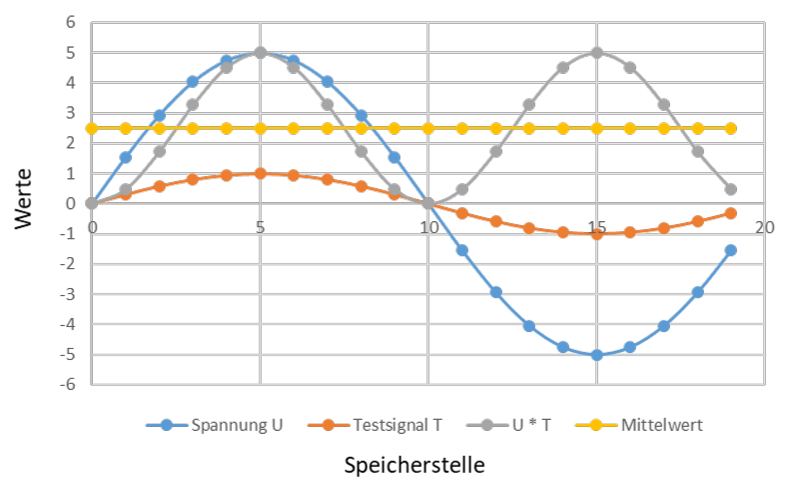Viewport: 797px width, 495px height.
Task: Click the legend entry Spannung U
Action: pos(214,425)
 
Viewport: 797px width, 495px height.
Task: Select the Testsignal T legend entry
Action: pos(376,425)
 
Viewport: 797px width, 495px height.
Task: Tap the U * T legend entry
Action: pos(508,425)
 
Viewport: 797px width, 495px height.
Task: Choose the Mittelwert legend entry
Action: pos(639,425)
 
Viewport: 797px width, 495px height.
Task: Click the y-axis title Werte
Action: pos(23,199)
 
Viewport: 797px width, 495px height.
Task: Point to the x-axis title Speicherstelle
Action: pos(414,465)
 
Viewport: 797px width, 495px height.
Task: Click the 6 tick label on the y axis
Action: pos(70,22)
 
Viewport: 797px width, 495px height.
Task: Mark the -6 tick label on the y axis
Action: pos(68,384)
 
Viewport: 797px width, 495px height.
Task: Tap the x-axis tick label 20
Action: pos(764,227)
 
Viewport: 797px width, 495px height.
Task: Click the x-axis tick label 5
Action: pos(261,227)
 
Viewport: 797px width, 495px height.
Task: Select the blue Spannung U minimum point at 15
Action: pos(596,355)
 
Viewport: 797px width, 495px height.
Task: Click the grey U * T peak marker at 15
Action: pos(596,52)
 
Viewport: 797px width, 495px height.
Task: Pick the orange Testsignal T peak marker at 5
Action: pos(261,173)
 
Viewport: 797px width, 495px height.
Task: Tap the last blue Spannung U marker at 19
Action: pos(731,250)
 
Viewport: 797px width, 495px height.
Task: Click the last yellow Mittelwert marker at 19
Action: pos(731,128)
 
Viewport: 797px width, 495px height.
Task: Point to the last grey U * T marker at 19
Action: pos(731,189)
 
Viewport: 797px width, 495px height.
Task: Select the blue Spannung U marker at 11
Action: pos(462,250)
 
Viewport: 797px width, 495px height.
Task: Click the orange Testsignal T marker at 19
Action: pos(731,213)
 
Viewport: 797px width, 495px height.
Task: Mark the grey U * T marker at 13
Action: pos(529,105)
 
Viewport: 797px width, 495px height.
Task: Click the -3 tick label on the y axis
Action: pos(68,294)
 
